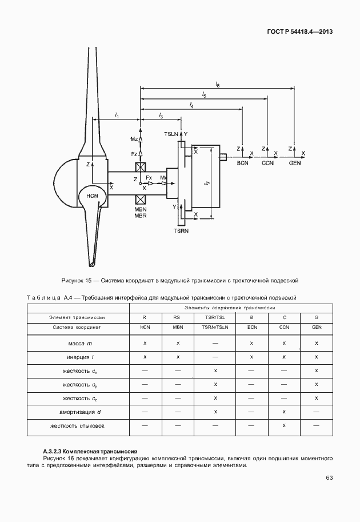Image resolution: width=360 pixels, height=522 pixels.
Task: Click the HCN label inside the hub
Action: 93,196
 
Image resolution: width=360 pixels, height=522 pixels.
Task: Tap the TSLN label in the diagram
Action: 171,133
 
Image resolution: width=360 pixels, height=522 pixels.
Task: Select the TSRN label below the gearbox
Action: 181,230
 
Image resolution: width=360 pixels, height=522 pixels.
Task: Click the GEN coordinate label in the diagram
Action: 295,164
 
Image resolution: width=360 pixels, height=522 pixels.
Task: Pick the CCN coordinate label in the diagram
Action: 268,164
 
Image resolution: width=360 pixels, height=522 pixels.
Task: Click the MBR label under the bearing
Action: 141,216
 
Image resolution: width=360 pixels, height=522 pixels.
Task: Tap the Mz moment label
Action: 134,139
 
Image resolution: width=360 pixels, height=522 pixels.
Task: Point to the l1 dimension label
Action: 117,115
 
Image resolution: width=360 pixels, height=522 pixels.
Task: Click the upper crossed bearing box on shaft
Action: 139,167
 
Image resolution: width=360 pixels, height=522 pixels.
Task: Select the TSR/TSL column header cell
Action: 215,317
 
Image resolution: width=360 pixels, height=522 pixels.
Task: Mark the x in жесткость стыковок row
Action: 284,426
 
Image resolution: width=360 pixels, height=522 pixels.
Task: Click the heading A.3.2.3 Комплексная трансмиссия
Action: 90,452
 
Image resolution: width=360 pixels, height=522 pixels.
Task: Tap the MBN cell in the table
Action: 178,327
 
